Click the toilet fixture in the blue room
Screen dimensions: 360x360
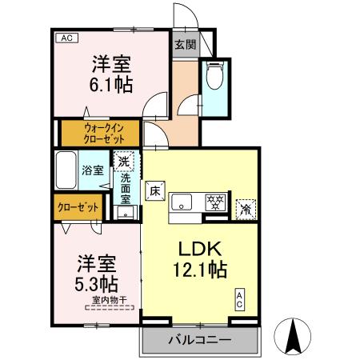214,78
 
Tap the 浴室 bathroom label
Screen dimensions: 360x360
92,170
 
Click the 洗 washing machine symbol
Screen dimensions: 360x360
123,162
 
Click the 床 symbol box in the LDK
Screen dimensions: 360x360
156,192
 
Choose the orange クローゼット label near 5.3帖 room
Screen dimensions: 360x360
78,207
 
